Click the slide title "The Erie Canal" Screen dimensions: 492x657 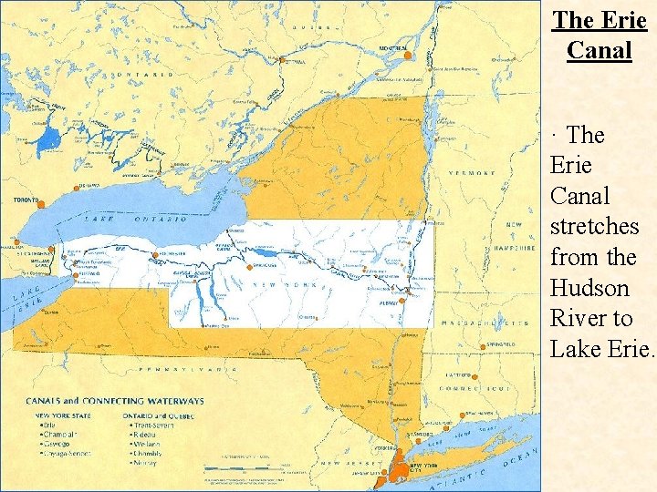click(600, 34)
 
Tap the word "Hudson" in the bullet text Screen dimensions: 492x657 click(589, 288)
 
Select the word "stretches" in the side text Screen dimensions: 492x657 click(594, 226)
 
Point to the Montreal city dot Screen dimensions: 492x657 click(408, 56)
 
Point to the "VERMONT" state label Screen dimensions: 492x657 click(472, 173)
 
